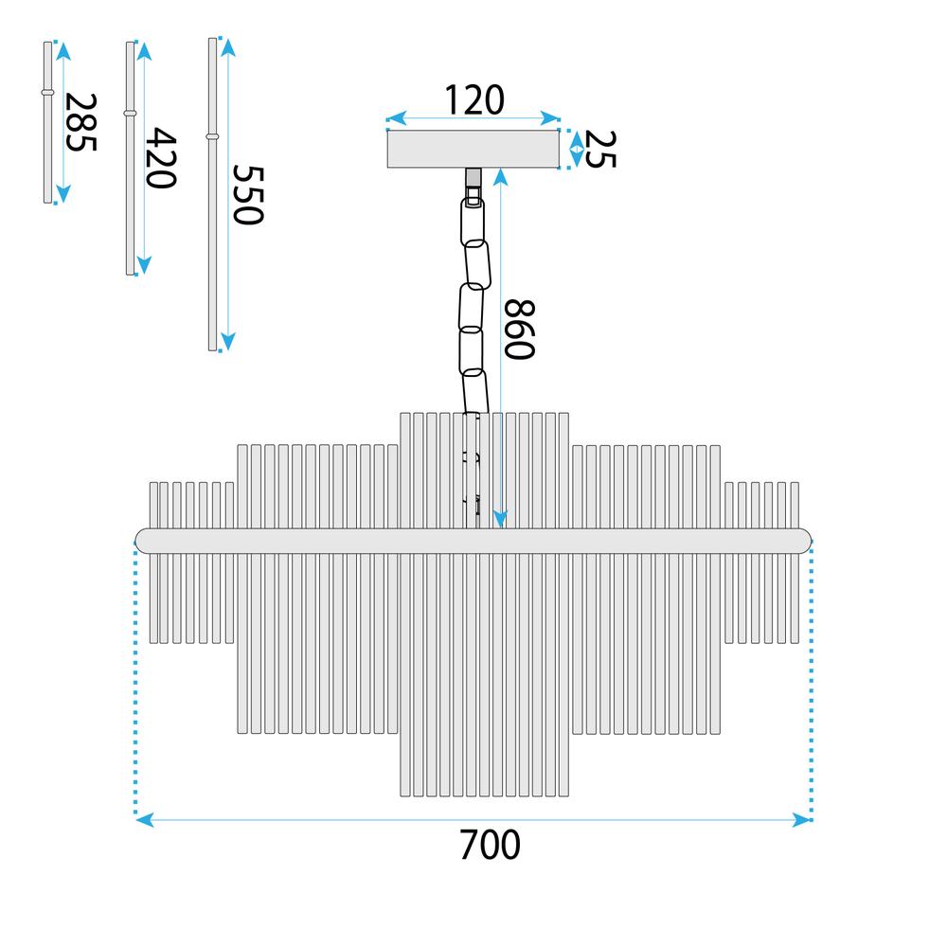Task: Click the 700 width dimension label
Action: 490,845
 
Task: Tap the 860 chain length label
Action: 519,330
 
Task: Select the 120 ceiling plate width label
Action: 474,100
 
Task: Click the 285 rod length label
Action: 80,122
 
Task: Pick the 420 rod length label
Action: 161,157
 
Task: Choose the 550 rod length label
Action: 248,194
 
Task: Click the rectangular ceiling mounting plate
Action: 473,149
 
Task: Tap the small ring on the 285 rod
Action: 47,93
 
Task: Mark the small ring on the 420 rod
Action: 130,113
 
